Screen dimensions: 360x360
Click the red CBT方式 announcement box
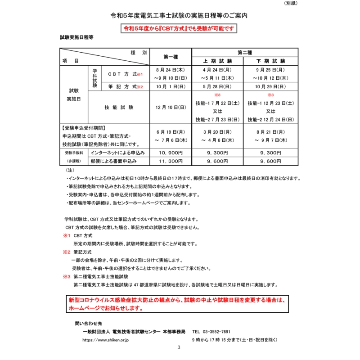(180, 28)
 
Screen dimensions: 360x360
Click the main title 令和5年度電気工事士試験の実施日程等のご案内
(179, 15)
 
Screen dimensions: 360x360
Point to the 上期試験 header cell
(218, 61)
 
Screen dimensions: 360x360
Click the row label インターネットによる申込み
(117, 153)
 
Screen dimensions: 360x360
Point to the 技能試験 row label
(119, 108)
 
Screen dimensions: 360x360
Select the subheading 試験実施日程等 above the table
(76, 39)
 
